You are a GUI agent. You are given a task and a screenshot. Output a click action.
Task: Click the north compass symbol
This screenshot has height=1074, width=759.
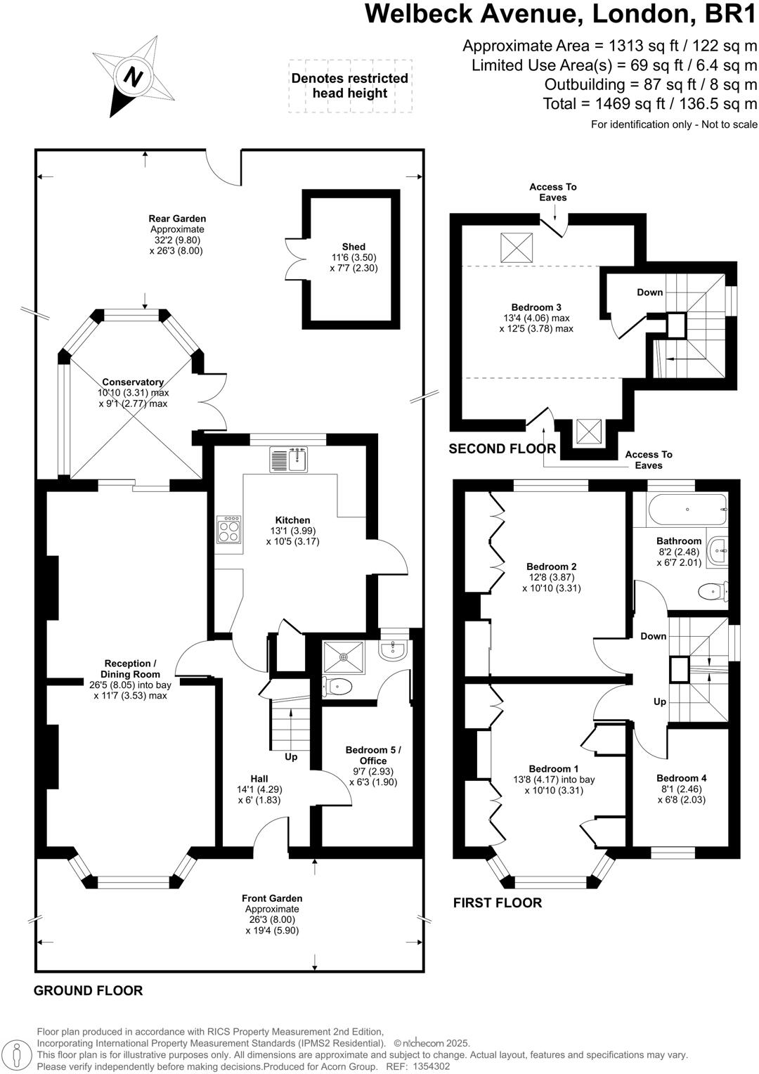tap(134, 76)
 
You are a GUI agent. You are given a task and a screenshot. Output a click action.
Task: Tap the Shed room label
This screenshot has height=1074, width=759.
tap(353, 247)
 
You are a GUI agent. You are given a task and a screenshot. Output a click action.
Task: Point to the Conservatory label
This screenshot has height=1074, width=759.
tap(133, 382)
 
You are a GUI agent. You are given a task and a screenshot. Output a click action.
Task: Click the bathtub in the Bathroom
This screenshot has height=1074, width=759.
tap(687, 510)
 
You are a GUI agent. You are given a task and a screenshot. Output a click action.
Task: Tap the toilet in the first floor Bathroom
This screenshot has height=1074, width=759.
tap(713, 592)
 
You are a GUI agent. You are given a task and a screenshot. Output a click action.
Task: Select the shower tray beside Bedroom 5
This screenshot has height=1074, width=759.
tap(344, 657)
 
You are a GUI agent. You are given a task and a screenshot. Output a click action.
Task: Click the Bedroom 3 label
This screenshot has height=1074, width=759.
tap(536, 307)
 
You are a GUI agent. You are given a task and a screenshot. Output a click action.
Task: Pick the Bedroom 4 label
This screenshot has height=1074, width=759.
tap(681, 778)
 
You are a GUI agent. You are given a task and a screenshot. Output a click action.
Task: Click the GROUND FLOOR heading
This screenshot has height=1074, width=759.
tap(88, 991)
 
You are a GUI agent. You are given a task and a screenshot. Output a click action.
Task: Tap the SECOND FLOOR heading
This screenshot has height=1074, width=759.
tap(502, 448)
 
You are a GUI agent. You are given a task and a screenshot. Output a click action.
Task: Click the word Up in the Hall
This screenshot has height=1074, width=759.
tap(291, 757)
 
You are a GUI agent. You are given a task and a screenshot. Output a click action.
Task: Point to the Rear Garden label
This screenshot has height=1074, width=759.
tap(177, 219)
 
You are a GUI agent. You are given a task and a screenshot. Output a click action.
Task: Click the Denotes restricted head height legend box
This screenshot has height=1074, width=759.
tap(350, 86)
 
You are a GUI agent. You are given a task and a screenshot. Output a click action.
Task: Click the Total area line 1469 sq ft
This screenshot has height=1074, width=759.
tap(650, 104)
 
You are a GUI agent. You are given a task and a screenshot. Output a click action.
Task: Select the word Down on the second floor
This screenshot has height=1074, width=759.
tap(649, 292)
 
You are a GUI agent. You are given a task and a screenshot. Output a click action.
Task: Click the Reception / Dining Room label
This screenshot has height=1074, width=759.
tap(130, 668)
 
